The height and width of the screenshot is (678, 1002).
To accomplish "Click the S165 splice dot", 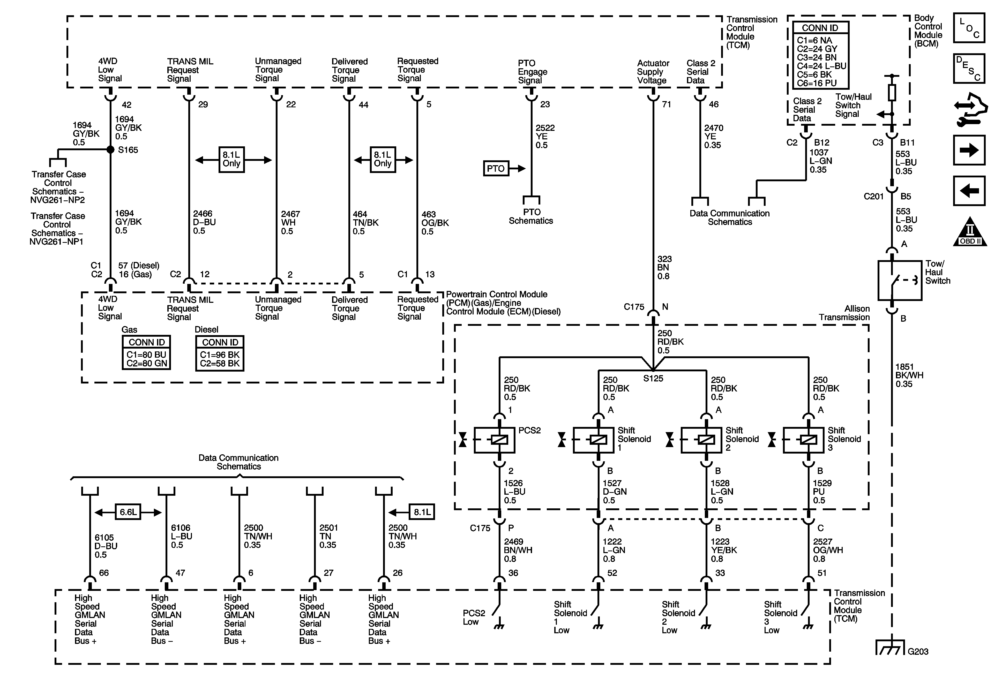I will [x=110, y=149].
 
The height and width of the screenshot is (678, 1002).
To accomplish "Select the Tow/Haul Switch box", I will [x=900, y=280].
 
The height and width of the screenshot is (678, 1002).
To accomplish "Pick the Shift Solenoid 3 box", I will [x=803, y=440].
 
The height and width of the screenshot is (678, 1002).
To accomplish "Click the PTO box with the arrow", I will [x=496, y=169].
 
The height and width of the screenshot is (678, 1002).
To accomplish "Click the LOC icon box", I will [x=969, y=28].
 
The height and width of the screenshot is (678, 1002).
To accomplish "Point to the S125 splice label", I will [x=653, y=379].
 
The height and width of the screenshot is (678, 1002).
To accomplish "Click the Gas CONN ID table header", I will [x=147, y=342].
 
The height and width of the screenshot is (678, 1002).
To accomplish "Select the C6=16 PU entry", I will [x=817, y=83].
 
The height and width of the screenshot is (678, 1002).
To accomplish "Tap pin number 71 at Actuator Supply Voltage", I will [x=667, y=104].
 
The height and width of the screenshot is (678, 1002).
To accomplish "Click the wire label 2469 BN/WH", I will [x=518, y=550].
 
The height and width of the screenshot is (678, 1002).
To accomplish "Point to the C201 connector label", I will [x=873, y=197].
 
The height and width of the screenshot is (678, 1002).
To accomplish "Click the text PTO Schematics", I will [x=531, y=216].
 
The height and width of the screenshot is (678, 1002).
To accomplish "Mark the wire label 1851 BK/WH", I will [x=909, y=375].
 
